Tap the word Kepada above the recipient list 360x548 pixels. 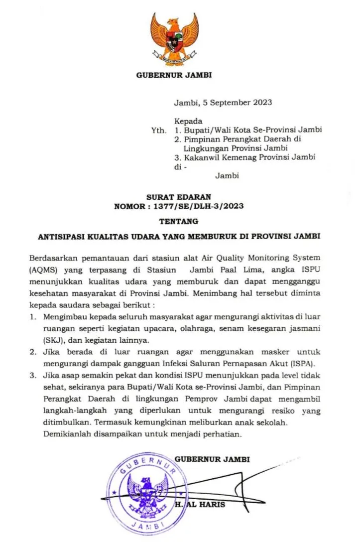[x=188, y=121]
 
